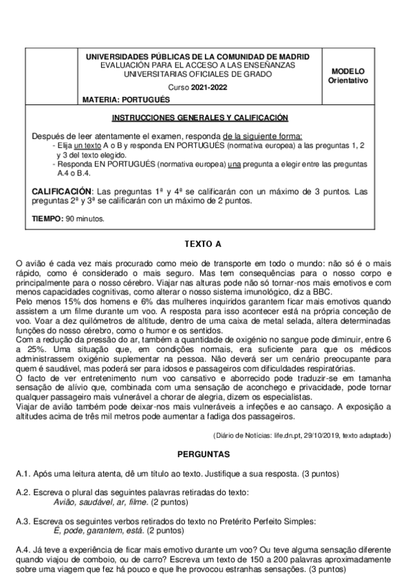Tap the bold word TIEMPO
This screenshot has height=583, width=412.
click(47, 219)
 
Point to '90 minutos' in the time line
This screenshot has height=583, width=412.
click(85, 219)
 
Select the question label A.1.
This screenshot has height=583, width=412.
click(24, 474)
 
